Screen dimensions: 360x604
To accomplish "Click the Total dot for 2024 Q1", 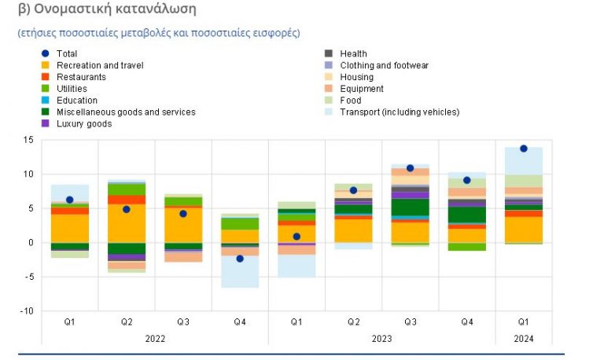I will (524, 149).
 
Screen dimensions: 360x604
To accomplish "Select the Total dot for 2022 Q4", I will (240, 259).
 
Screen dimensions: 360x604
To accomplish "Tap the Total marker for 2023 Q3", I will (410, 168).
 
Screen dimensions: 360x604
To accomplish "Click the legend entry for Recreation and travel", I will (99, 65).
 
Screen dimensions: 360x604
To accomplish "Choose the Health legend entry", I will (353, 53).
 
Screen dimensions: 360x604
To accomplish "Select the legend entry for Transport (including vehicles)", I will (399, 112).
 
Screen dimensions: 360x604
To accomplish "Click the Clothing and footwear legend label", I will (384, 65).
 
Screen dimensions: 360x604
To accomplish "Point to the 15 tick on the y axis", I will (28, 140).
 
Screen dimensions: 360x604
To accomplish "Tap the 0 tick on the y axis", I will (30, 243).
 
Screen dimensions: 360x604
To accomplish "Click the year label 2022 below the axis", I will (155, 339).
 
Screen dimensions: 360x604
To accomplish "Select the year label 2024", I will (523, 339).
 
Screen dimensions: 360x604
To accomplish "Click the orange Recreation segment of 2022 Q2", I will (127, 223).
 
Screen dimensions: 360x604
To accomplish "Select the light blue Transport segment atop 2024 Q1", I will (524, 161).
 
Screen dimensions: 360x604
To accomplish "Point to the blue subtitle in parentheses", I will (158, 33).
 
